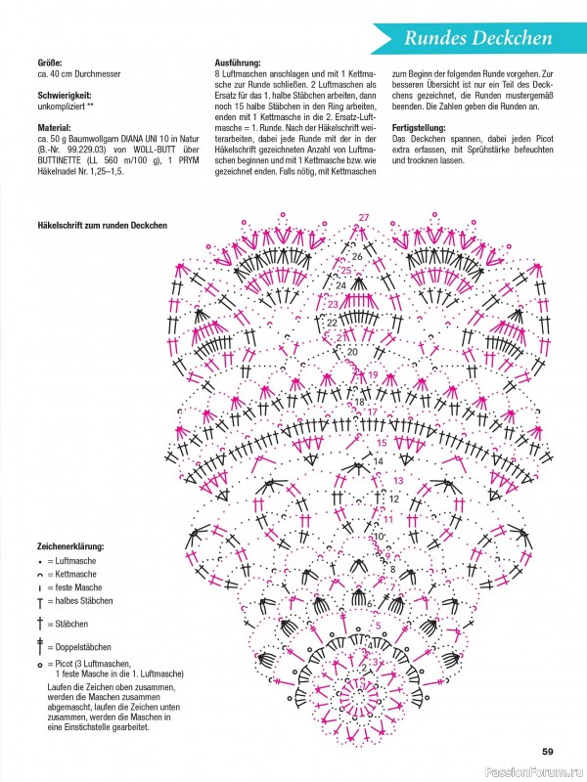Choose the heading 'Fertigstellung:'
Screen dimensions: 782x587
(420, 128)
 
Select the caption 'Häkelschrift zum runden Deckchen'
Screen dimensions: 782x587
(104, 226)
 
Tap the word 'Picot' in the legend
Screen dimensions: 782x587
(69, 665)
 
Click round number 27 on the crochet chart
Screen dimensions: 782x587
(364, 216)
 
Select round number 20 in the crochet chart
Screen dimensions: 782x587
(352, 350)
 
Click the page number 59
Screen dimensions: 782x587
(548, 751)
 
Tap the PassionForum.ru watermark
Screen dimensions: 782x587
(539, 771)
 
